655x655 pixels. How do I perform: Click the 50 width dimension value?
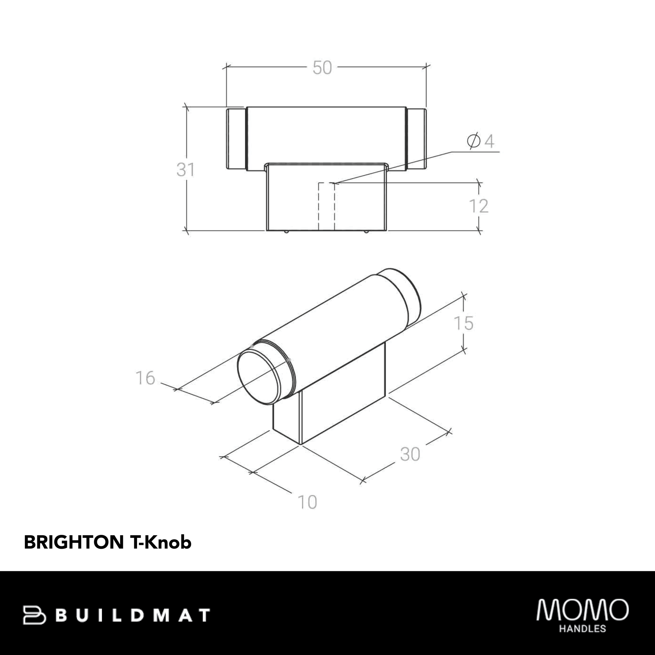322,68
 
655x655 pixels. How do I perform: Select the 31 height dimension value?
185,170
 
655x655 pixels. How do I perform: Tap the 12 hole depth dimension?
479,206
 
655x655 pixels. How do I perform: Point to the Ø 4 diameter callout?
480,141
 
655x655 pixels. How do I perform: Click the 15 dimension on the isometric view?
463,323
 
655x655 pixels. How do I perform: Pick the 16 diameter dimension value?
145,378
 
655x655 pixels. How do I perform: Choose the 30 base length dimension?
410,454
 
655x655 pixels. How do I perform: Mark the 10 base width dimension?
307,502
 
